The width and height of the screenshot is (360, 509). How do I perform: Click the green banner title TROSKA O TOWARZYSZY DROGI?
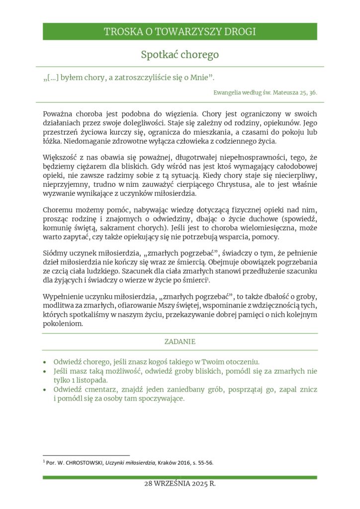180,32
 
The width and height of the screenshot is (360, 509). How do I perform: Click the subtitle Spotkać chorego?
180,54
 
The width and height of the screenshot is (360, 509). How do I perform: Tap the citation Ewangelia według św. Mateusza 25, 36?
265,92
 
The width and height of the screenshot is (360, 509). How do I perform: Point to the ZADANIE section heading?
180,342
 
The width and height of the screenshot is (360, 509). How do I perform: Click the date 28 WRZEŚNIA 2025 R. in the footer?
180,484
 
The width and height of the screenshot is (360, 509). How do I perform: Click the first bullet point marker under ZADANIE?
46,362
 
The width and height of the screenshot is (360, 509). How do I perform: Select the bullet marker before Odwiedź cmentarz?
46,390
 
